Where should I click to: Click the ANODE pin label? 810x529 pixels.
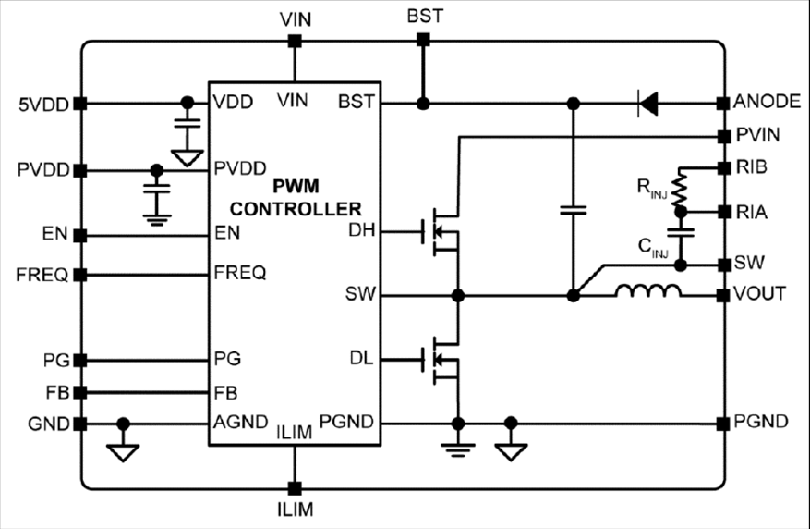(761, 102)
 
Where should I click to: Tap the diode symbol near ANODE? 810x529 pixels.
(648, 103)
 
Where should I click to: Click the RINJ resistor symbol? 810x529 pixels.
(682, 190)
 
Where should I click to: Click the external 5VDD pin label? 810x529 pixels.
(42, 103)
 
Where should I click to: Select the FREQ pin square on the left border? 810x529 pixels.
(80, 275)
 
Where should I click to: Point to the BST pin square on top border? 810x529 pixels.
(423, 40)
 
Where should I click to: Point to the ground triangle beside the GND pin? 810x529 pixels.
(123, 450)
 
